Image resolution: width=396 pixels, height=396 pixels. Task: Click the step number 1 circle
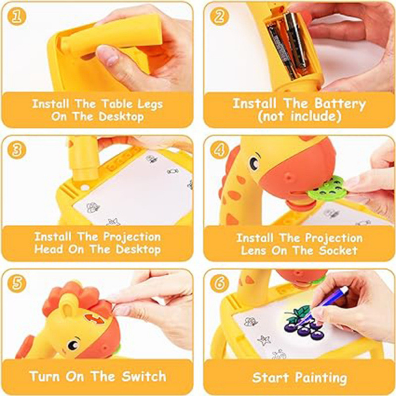(18, 17)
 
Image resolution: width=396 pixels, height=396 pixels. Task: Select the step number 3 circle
(18, 150)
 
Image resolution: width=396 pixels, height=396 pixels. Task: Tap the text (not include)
(299, 117)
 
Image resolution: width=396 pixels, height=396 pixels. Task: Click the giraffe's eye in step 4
(255, 162)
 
